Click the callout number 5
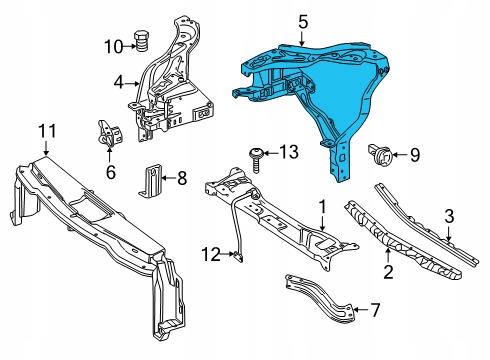click(x=303, y=22)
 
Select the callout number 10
click(x=114, y=47)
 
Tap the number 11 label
click(x=47, y=131)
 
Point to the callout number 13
click(x=288, y=152)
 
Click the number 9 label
click(x=415, y=155)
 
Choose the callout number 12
click(x=211, y=255)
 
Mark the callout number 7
click(x=375, y=310)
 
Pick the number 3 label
click(x=449, y=216)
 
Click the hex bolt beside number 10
click(x=141, y=40)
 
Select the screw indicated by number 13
click(x=256, y=160)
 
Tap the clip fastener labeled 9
click(x=379, y=154)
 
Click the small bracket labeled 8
click(x=151, y=180)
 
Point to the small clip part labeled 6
click(x=109, y=133)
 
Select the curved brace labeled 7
click(x=319, y=299)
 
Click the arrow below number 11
click(x=46, y=148)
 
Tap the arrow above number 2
click(x=388, y=256)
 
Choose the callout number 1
click(x=322, y=207)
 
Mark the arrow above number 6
click(x=110, y=154)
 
